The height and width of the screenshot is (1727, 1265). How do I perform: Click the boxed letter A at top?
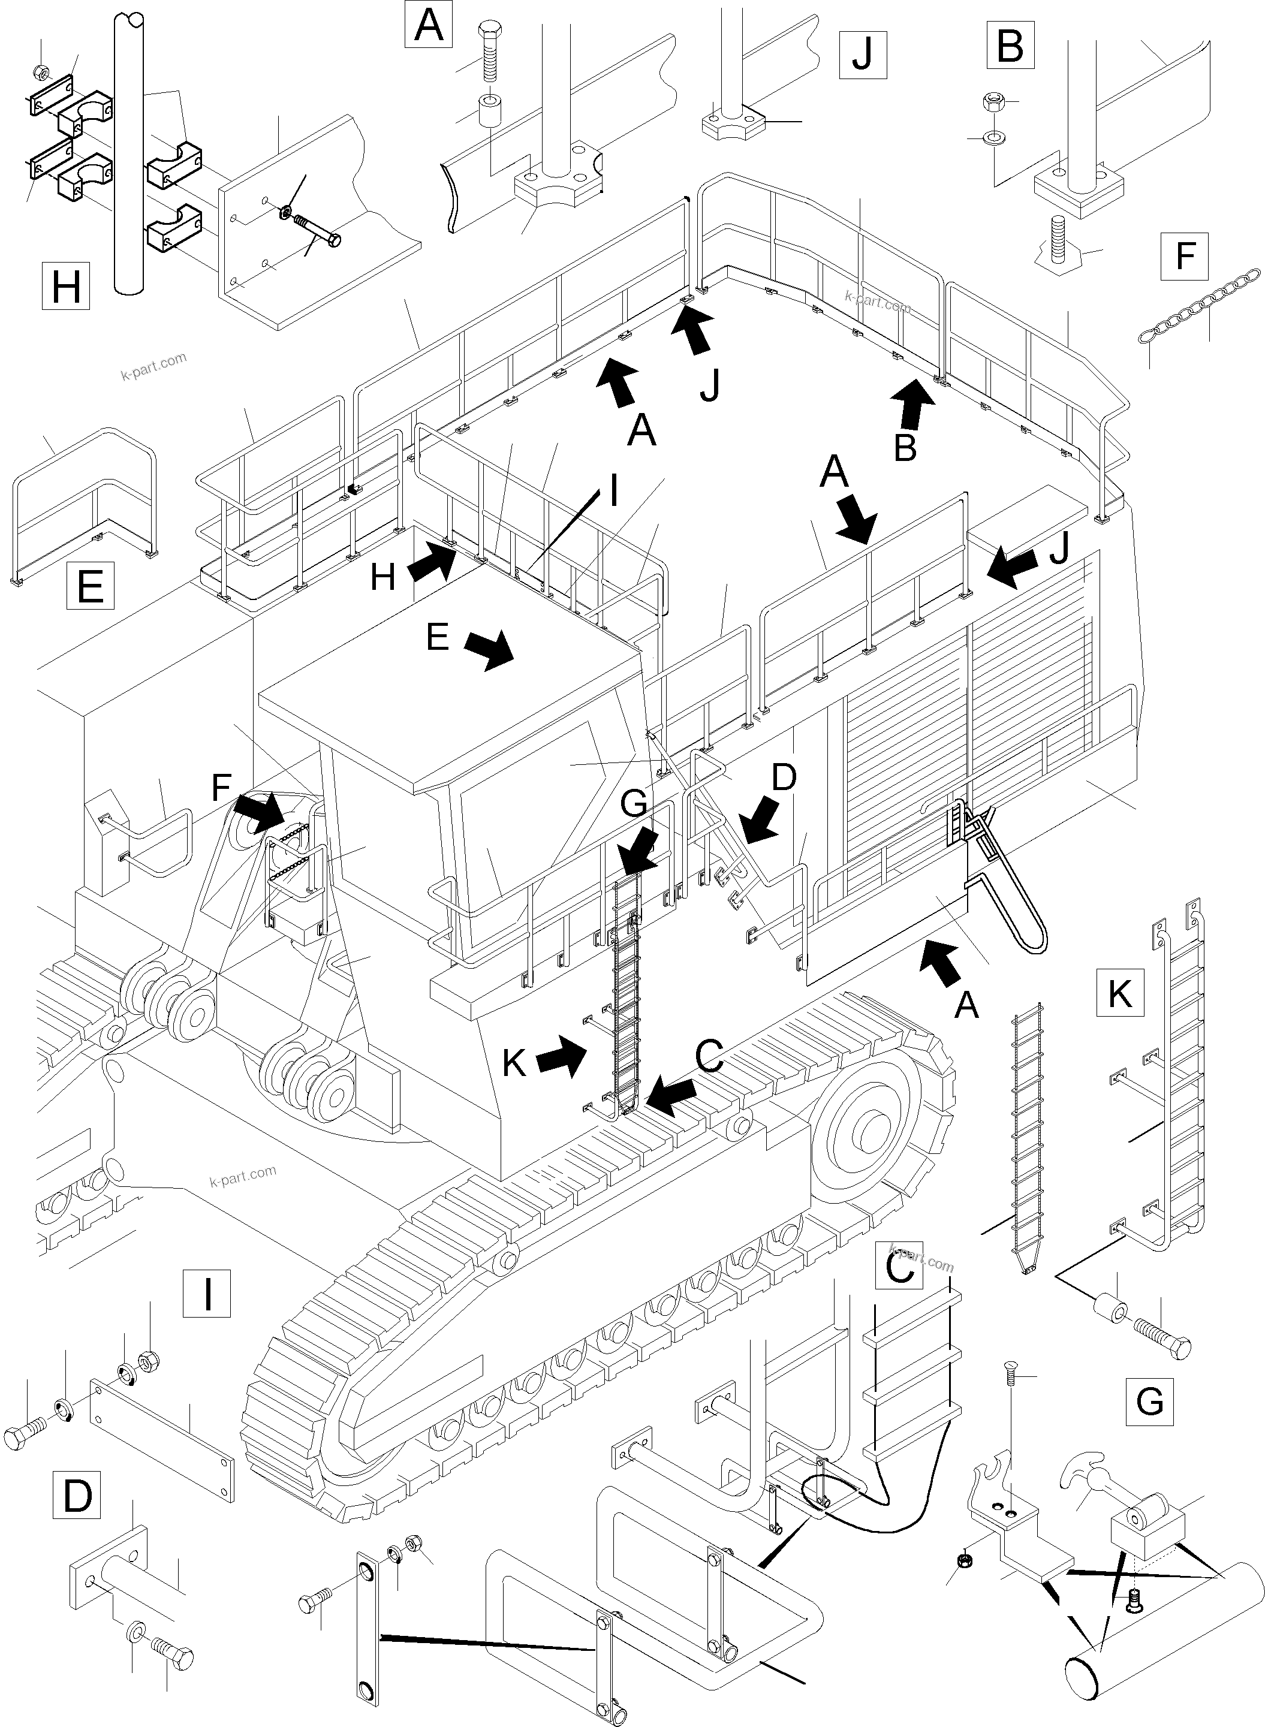point(428,25)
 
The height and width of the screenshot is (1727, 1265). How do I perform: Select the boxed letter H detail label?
point(66,287)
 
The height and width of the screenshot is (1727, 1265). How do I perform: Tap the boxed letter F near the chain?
point(1185,255)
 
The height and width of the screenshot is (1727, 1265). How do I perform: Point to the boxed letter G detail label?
point(1149,1401)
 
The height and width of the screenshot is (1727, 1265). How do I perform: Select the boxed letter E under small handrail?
point(91,586)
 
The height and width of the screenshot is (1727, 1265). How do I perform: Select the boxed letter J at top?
point(863,55)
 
